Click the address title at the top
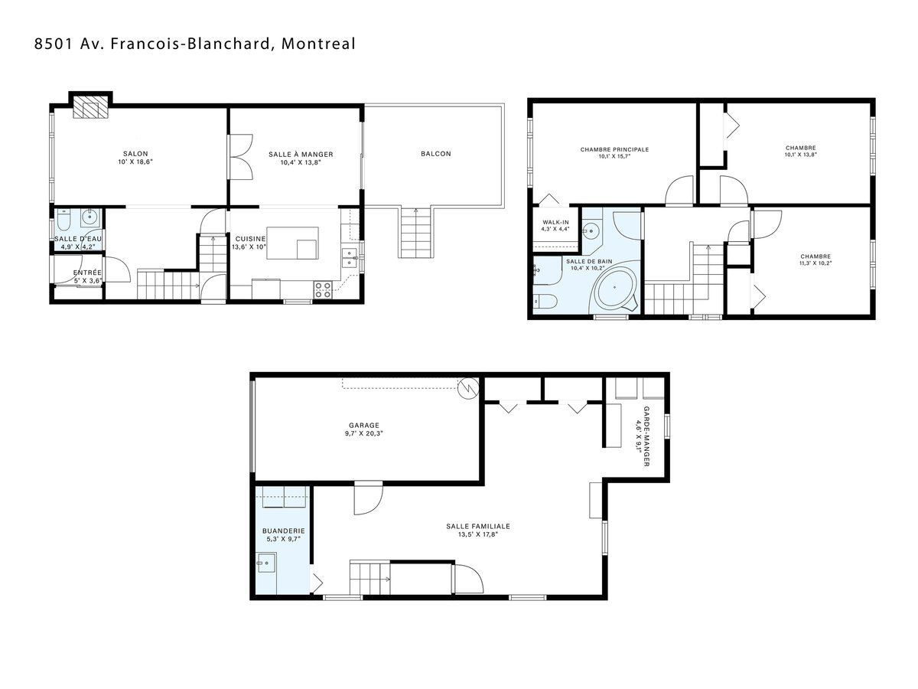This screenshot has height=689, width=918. (x=195, y=44)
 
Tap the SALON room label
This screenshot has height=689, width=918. (x=135, y=154)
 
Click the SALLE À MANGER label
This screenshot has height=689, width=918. (x=301, y=155)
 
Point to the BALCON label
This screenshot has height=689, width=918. (x=436, y=154)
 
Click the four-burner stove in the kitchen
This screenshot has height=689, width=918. (x=323, y=289)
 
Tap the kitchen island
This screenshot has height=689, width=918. (x=293, y=243)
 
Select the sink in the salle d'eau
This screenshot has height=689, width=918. (x=90, y=217)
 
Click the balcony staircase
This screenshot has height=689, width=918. (x=415, y=233)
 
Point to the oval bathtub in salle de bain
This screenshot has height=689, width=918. (x=616, y=287)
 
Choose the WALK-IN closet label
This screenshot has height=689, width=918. (x=555, y=222)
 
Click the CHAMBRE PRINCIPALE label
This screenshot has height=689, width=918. (x=614, y=149)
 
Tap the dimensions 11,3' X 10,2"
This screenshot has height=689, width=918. (x=815, y=263)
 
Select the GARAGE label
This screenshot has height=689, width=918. (x=364, y=426)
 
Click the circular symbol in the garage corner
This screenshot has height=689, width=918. (x=468, y=389)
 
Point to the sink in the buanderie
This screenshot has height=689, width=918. (x=266, y=563)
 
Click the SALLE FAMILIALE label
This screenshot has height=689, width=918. (x=478, y=526)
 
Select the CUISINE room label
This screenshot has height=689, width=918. (x=250, y=239)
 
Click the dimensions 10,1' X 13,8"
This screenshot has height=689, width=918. (x=800, y=155)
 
